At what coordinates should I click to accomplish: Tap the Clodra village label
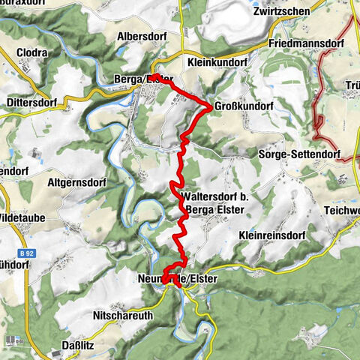click(x=30, y=53)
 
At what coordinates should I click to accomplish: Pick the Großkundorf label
click(x=242, y=105)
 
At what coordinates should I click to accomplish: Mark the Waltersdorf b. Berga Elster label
click(x=212, y=203)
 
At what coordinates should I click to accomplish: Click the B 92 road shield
click(x=27, y=253)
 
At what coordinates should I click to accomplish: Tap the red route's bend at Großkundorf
click(x=210, y=106)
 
